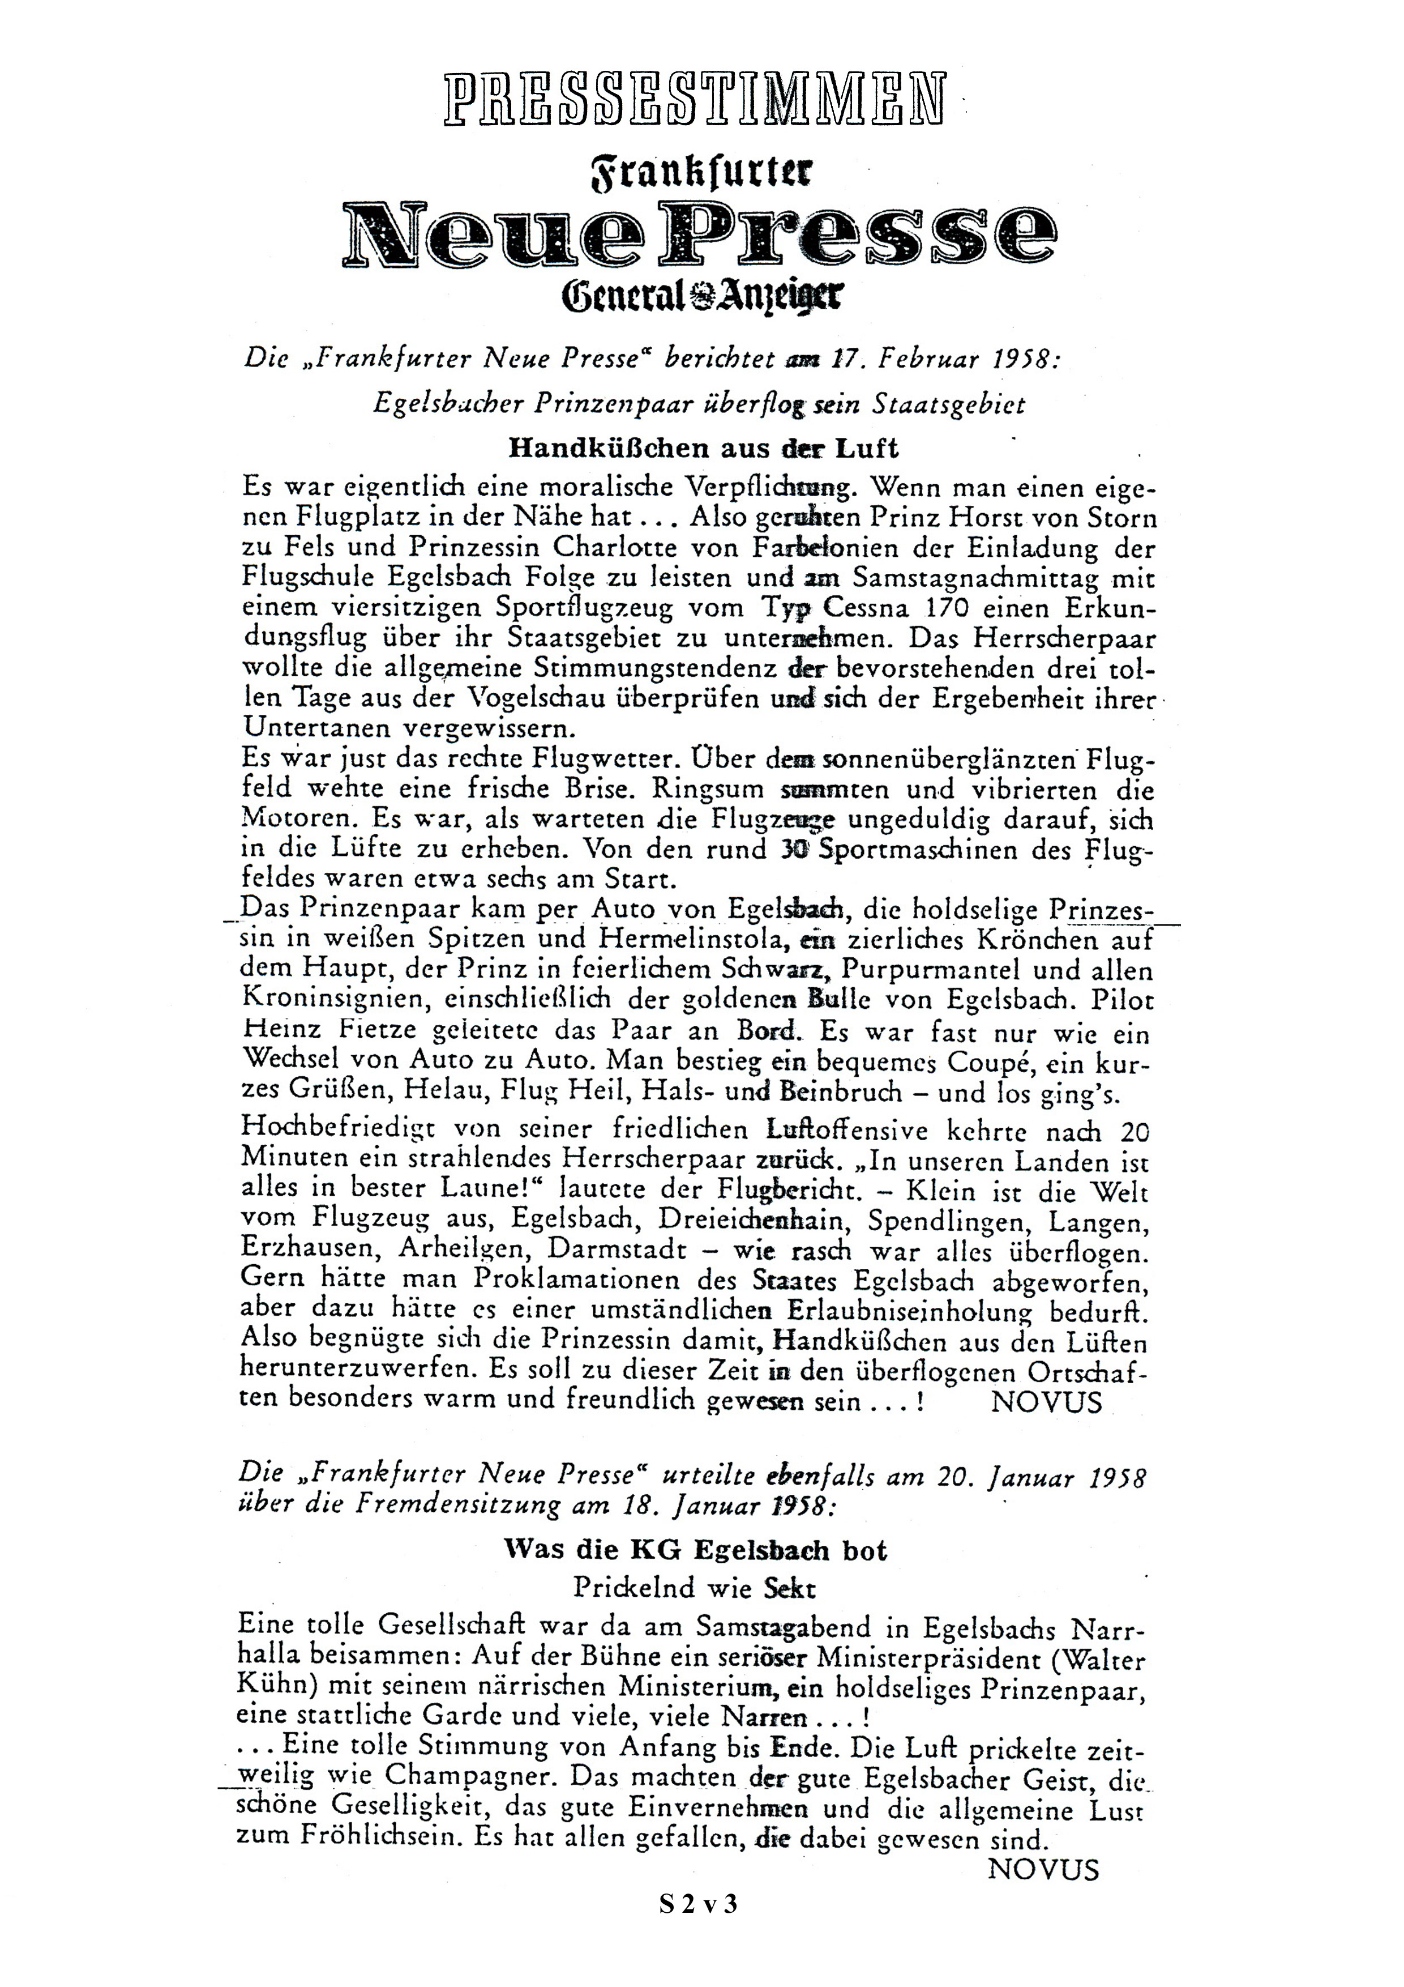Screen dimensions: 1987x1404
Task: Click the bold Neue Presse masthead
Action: point(701,234)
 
